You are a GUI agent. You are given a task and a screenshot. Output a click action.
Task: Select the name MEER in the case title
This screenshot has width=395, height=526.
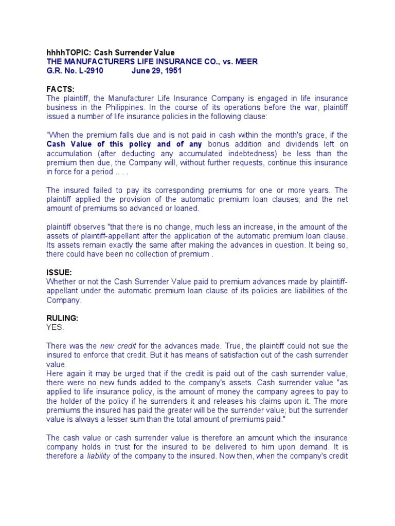(246, 62)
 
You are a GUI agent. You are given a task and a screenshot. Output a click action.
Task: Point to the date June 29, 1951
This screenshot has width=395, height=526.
(156, 71)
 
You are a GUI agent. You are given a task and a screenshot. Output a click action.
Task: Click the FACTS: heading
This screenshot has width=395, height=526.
(61, 89)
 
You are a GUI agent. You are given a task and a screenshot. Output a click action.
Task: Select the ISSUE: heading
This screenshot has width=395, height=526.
(59, 272)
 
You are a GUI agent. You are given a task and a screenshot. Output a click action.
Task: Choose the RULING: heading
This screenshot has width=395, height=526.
(62, 318)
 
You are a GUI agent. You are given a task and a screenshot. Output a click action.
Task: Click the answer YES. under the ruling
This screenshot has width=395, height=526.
(56, 327)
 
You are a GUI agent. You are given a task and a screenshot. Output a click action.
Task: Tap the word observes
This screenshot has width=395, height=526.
(91, 227)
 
